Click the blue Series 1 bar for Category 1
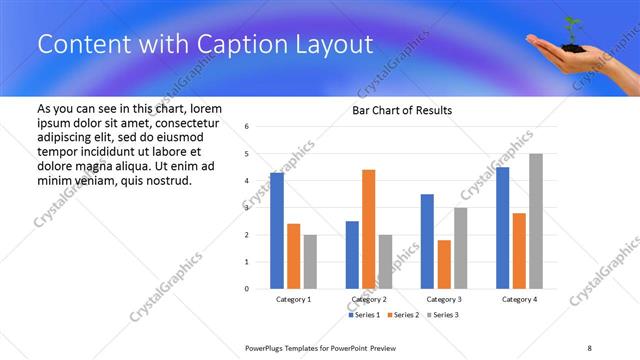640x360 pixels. (x=277, y=231)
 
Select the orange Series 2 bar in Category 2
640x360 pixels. (x=368, y=229)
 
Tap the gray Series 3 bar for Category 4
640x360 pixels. (x=535, y=221)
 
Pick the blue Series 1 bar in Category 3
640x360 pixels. (x=427, y=241)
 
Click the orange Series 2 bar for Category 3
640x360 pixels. (x=444, y=264)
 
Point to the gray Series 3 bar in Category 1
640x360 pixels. (x=310, y=261)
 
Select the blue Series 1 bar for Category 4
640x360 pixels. (x=502, y=228)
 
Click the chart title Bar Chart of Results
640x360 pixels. (x=402, y=110)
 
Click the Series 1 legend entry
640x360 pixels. (x=365, y=315)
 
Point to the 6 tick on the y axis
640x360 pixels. (x=247, y=127)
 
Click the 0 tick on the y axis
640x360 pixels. (x=247, y=289)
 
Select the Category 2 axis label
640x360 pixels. (x=368, y=299)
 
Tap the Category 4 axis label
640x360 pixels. (x=518, y=299)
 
